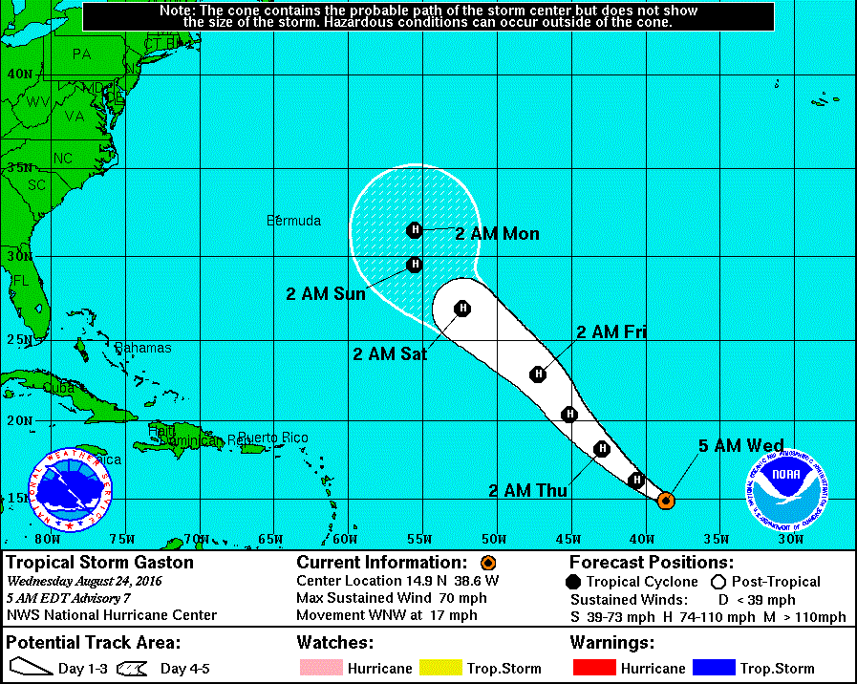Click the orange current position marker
(x=667, y=500)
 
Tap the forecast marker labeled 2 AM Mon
(x=415, y=229)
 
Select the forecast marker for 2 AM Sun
(x=415, y=265)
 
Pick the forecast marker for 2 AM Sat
(x=462, y=308)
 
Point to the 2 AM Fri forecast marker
(x=539, y=374)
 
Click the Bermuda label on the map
(x=293, y=221)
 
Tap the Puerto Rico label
(x=273, y=438)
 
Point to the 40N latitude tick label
(x=19, y=74)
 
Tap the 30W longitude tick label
(x=789, y=539)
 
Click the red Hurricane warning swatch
(x=593, y=668)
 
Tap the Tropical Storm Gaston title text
(x=99, y=562)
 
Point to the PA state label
(x=81, y=54)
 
